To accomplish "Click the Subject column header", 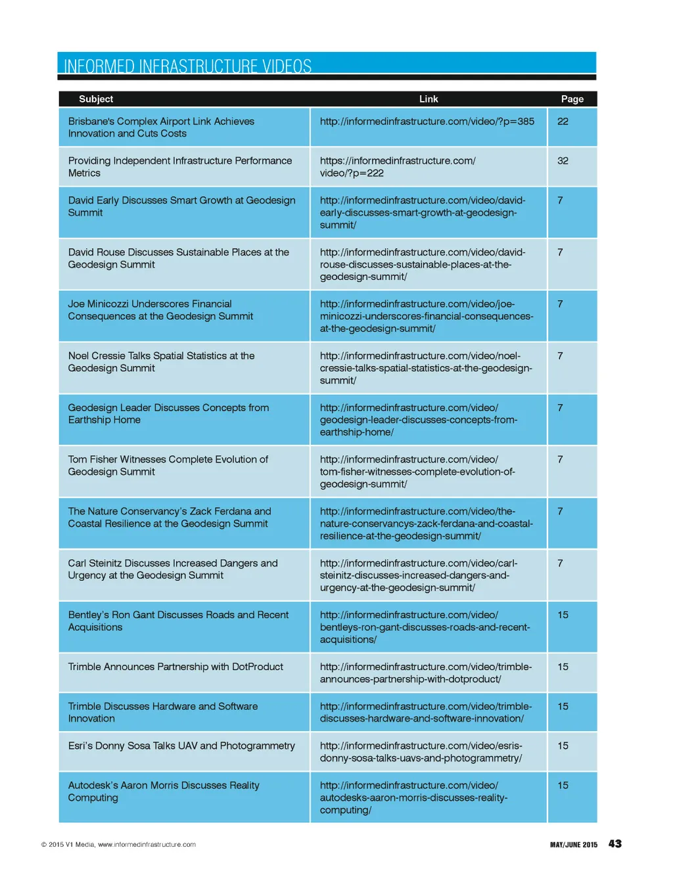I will (x=96, y=99).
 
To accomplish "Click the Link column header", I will (x=429, y=99).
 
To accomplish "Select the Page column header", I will (x=572, y=99).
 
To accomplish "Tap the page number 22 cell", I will (x=563, y=122).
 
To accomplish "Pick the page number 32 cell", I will (x=563, y=161).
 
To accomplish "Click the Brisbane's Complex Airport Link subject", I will (x=161, y=127).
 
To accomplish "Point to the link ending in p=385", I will (x=427, y=122).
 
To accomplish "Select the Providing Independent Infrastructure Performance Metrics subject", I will (x=179, y=167).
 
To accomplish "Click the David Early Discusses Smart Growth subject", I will (x=181, y=206).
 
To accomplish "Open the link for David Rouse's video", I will (x=422, y=264).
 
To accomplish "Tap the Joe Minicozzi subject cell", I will (x=160, y=310).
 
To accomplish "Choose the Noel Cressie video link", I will (x=425, y=368).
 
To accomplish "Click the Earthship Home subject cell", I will (x=168, y=414).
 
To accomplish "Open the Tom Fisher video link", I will (x=417, y=472).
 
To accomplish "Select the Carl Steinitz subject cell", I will (x=172, y=569).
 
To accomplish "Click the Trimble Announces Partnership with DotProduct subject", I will (x=175, y=667).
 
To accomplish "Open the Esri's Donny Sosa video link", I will (x=421, y=752).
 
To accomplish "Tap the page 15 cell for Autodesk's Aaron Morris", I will (x=563, y=786).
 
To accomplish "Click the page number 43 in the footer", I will (x=615, y=844).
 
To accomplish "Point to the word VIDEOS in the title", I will (x=287, y=66).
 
